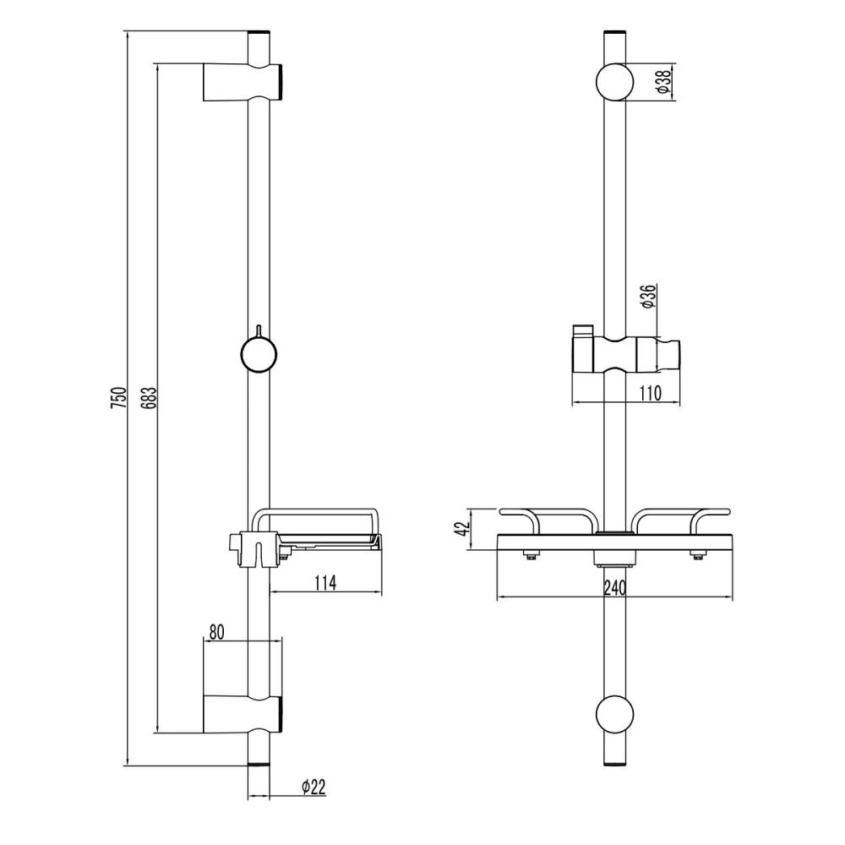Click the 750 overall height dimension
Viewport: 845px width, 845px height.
click(x=118, y=398)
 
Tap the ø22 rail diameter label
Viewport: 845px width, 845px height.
click(x=313, y=787)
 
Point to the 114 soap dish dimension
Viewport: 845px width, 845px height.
click(x=324, y=581)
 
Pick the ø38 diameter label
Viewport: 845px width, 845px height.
click(x=663, y=82)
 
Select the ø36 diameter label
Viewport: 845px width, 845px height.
click(x=648, y=297)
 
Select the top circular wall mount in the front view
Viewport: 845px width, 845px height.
click(x=616, y=82)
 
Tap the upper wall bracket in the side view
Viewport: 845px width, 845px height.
click(x=241, y=82)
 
